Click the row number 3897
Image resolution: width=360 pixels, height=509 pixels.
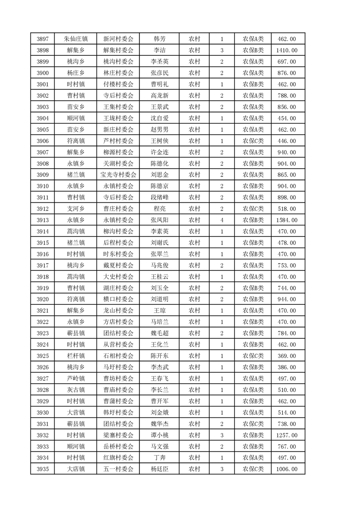pyautogui.click(x=42, y=39)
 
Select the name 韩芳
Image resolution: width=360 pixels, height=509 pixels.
pyautogui.click(x=159, y=39)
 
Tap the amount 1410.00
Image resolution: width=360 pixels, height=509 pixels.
pyautogui.click(x=286, y=50)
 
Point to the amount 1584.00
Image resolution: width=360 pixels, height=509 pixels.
pyautogui.click(x=286, y=220)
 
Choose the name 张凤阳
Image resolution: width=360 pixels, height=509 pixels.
pyautogui.click(x=159, y=220)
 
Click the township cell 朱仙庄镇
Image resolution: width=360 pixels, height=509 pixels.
pyautogui.click(x=75, y=39)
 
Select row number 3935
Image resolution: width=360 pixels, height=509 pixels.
pyautogui.click(x=42, y=469)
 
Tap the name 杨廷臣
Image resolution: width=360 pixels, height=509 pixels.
pyautogui.click(x=159, y=469)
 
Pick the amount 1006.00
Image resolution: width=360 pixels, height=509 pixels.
pyautogui.click(x=286, y=469)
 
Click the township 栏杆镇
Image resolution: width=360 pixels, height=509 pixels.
pyautogui.click(x=75, y=356)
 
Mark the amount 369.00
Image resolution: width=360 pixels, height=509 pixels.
pyautogui.click(x=286, y=356)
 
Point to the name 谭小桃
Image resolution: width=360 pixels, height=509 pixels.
pyautogui.click(x=159, y=435)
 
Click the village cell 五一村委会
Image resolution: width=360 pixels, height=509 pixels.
pyautogui.click(x=118, y=469)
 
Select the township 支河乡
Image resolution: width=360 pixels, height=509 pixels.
pyautogui.click(x=75, y=209)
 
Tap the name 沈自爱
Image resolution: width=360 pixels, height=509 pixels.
pyautogui.click(x=159, y=118)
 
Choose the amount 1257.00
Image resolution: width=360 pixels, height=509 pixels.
pyautogui.click(x=286, y=435)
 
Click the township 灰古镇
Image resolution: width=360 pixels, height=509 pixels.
pyautogui.click(x=75, y=390)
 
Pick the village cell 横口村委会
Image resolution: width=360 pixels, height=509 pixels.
pyautogui.click(x=118, y=299)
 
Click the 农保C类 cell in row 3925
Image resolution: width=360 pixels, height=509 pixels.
pyautogui.click(x=253, y=356)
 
